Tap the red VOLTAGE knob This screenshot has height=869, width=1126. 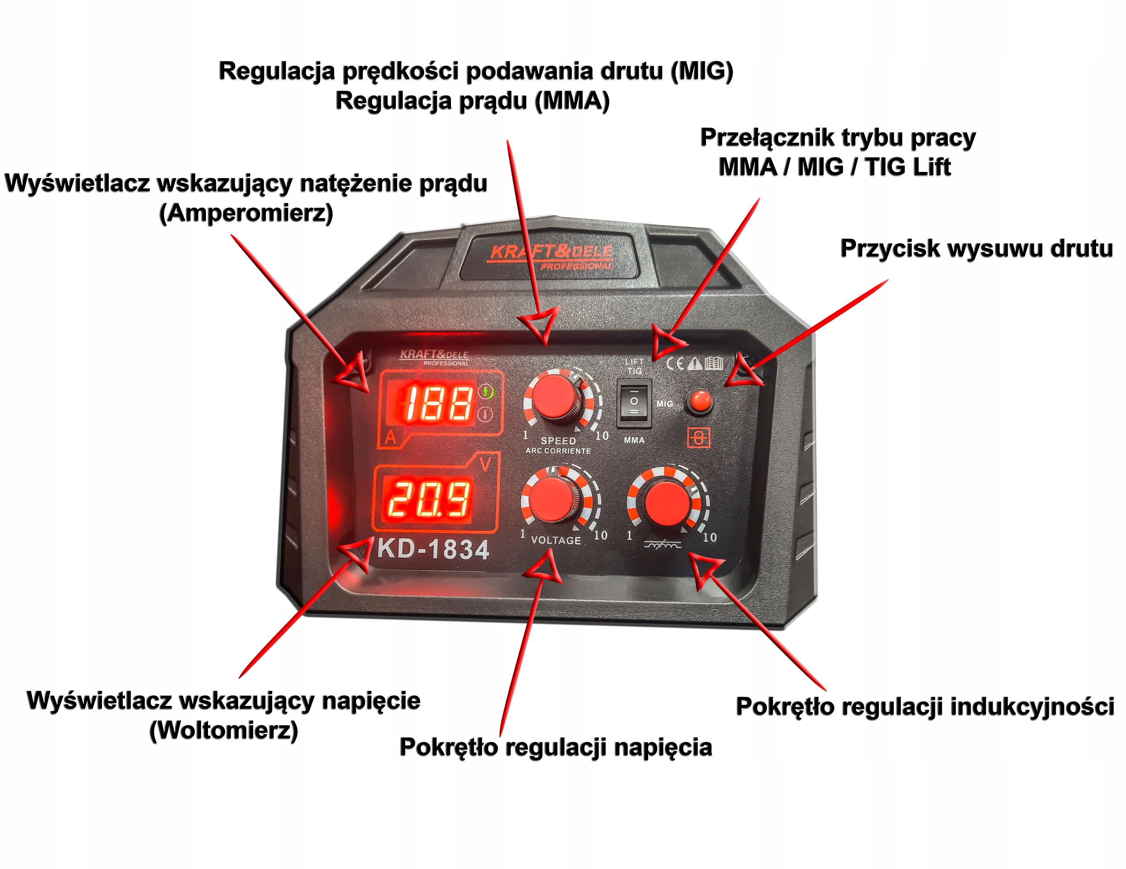point(553,500)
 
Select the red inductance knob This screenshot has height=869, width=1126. point(668,503)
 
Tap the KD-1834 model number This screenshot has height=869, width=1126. point(433,549)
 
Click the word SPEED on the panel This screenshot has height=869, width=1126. point(558,441)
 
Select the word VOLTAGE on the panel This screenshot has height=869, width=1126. point(556,540)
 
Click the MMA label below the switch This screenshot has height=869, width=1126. point(634,440)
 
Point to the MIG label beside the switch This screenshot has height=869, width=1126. point(665,404)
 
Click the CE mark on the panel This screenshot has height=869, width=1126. point(674,364)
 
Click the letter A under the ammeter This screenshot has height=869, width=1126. point(391,437)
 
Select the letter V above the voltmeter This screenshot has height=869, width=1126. point(485,464)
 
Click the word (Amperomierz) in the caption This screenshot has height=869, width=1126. point(246,213)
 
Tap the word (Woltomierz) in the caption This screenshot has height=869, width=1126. point(224,730)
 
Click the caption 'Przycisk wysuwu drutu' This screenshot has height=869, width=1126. point(976,248)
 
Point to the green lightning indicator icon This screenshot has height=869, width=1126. point(486,392)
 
